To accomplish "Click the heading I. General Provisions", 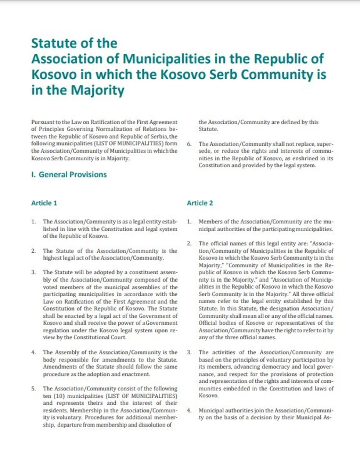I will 69,175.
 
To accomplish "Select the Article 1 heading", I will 44,203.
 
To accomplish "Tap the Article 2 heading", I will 200,203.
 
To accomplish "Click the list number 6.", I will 189,144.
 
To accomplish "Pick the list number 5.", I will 33,389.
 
